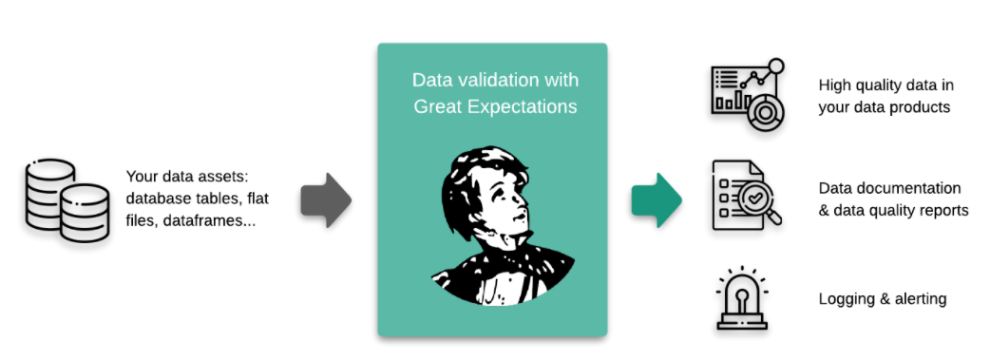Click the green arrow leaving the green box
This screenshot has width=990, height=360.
point(657,200)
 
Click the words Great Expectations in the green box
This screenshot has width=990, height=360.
point(495,106)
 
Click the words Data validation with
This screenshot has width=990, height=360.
point(495,80)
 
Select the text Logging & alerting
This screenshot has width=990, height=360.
point(883,299)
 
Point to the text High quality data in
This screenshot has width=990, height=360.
point(885,85)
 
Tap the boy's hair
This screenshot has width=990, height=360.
point(475,166)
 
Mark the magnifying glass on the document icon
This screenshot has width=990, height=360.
point(765,205)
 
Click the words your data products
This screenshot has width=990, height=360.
point(884,107)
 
